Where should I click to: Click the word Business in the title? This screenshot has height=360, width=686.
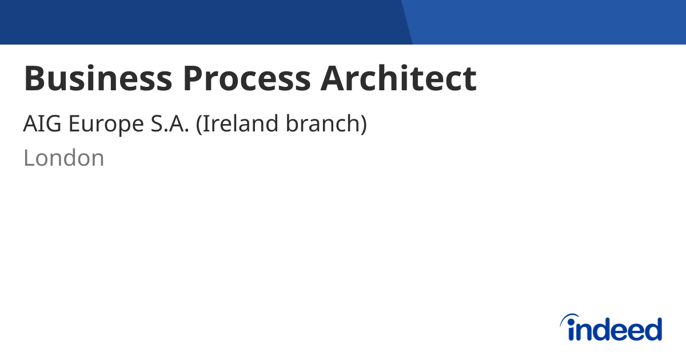[x=97, y=78]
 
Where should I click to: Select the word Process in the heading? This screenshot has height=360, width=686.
[x=247, y=78]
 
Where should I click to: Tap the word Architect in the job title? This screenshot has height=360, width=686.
[x=398, y=78]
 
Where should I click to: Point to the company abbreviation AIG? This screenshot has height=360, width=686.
[x=43, y=124]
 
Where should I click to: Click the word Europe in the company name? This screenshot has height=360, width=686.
[x=106, y=124]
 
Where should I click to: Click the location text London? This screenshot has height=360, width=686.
[x=63, y=158]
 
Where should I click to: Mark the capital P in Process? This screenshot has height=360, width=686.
[x=193, y=78]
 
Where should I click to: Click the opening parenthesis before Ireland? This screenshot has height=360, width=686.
[x=199, y=125]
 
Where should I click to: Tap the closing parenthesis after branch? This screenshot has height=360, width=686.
[x=362, y=125]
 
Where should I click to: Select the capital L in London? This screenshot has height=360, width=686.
[x=29, y=158]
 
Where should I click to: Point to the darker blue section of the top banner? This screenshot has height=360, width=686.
[x=200, y=22]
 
